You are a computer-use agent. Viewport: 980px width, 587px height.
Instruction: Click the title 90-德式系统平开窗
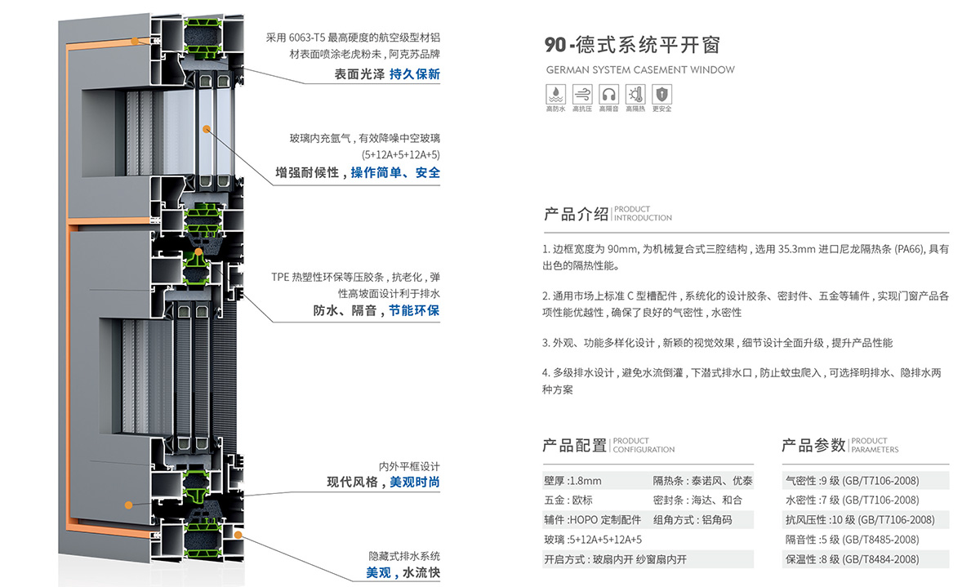632,44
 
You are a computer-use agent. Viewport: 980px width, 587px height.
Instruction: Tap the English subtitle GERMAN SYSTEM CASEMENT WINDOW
639,70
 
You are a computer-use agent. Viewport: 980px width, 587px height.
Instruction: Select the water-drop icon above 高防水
555,92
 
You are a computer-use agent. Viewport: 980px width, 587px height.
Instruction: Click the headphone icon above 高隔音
608,92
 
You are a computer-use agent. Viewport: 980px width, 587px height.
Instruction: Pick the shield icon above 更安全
661,92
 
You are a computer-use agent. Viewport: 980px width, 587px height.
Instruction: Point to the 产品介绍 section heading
576,215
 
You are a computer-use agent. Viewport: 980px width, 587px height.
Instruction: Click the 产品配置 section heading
575,446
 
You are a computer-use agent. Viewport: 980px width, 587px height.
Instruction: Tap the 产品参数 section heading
813,446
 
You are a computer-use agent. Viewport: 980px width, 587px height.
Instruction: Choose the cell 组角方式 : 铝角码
692,520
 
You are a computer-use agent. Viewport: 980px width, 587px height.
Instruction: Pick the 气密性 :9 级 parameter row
852,481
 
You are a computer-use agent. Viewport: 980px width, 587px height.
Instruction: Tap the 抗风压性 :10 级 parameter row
859,520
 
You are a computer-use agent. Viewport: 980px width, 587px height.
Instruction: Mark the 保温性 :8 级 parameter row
852,559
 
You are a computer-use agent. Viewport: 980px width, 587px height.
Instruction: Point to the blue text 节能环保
414,310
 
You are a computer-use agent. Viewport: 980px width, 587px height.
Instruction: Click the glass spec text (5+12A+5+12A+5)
400,154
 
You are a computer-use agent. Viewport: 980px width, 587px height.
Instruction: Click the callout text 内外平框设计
409,466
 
